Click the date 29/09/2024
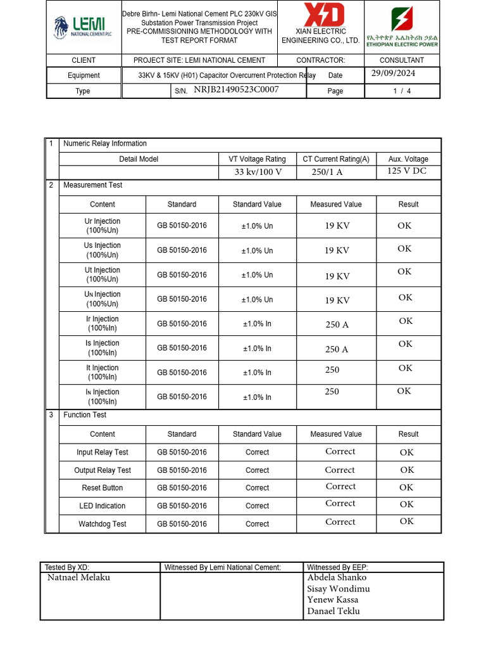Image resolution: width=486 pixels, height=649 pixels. pos(394,74)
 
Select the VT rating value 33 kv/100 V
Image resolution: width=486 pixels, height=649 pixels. pos(258,172)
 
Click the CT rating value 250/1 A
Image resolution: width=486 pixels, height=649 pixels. pos(327,172)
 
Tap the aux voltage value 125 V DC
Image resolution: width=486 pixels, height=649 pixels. pos(407,171)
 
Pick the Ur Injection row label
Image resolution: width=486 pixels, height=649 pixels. pos(103,226)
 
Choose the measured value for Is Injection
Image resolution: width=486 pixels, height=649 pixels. pos(337,349)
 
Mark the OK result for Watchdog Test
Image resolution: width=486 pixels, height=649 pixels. pos(406,522)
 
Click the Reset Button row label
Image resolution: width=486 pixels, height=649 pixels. pos(103,488)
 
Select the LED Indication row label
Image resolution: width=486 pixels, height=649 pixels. pos(103,506)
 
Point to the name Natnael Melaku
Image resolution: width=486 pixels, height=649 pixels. pos(78,578)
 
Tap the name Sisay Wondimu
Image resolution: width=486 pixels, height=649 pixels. pos(339,589)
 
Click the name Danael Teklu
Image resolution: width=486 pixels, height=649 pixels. pos(333,611)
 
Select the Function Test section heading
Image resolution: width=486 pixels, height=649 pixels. pos(85,415)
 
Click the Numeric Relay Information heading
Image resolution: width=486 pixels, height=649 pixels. pos(105,144)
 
